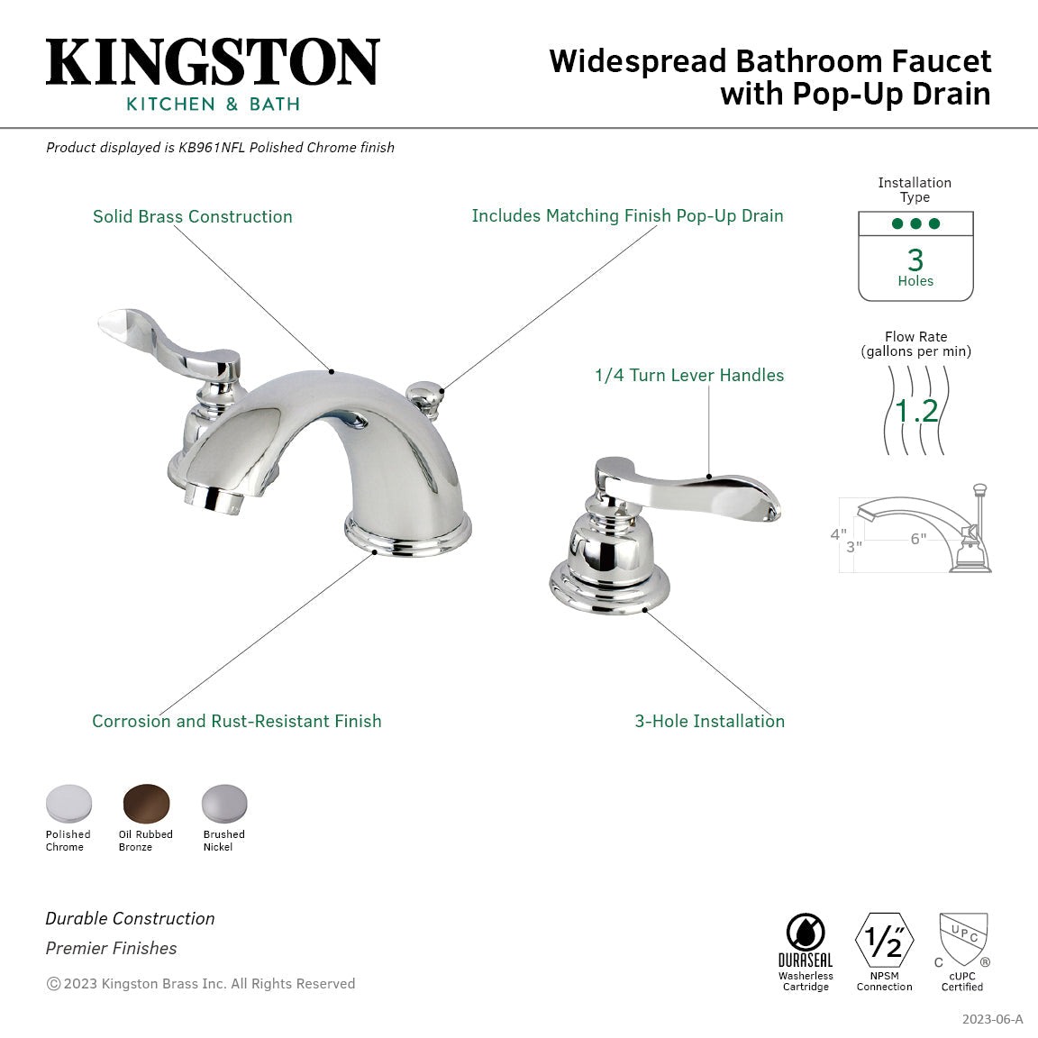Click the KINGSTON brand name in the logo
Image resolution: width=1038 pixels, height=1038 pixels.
(x=213, y=63)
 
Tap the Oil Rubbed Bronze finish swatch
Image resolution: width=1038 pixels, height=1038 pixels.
(x=146, y=802)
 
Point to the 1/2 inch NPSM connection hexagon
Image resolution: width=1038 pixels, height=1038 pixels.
(x=884, y=941)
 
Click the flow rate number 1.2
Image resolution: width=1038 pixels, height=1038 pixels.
(x=916, y=412)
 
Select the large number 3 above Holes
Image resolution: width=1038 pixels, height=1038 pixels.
(x=915, y=260)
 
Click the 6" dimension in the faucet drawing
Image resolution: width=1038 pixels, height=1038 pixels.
(x=917, y=539)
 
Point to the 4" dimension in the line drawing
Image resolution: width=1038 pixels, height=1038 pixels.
(x=838, y=534)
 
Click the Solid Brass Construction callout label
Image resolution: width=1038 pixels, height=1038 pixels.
(x=193, y=217)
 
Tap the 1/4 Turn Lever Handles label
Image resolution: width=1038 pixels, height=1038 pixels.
(x=689, y=376)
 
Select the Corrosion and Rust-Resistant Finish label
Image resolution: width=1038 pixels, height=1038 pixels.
(x=237, y=722)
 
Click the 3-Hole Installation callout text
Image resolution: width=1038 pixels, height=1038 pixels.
(x=709, y=722)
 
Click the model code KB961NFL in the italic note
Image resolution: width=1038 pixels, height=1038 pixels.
(x=212, y=148)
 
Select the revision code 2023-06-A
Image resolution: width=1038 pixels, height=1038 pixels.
(x=992, y=1019)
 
